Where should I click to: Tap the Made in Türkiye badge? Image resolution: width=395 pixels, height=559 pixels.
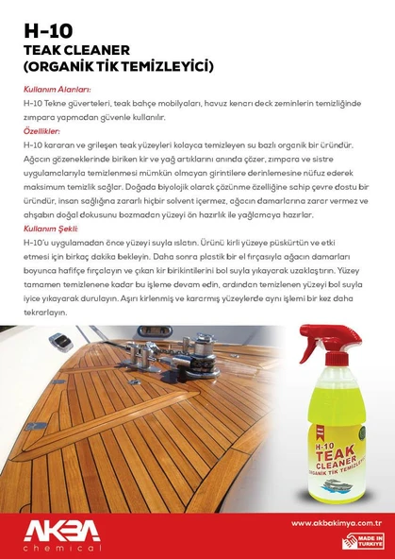pyautogui.click(x=365, y=541)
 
